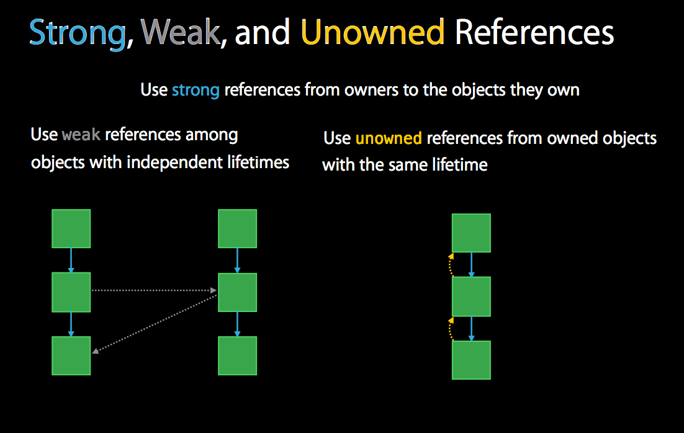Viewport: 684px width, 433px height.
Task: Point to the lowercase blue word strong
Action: (x=196, y=90)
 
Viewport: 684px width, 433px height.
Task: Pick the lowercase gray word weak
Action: (x=81, y=135)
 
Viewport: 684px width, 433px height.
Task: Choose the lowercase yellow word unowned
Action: (x=389, y=138)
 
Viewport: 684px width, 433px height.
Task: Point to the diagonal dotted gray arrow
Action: (x=155, y=324)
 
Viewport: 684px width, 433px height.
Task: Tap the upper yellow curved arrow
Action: (x=450, y=264)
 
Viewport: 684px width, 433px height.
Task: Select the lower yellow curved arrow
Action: (x=450, y=329)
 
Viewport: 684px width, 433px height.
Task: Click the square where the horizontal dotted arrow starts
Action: (x=71, y=292)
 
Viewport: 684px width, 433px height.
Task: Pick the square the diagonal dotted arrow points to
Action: (x=71, y=355)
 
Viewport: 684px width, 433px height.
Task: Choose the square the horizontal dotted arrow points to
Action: (x=237, y=292)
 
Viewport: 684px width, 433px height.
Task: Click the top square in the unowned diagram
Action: (x=471, y=233)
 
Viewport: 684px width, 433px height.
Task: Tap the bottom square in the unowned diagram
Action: (x=471, y=360)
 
